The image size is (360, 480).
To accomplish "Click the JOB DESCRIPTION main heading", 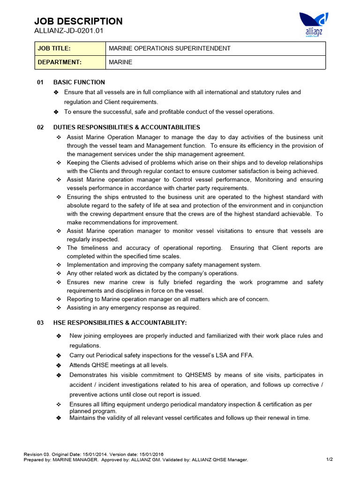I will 79,21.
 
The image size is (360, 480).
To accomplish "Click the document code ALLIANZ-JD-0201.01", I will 68,31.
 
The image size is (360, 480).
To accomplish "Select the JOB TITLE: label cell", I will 70,49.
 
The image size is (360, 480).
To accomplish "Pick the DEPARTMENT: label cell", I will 70,62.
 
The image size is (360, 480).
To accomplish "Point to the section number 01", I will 40,82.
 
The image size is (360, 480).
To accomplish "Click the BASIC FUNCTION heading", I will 79,82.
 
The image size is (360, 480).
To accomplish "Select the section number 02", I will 40,127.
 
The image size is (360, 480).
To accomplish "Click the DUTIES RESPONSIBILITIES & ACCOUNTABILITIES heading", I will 127,127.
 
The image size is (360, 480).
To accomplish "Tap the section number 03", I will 40,323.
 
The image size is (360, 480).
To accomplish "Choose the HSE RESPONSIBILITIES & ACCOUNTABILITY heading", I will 120,323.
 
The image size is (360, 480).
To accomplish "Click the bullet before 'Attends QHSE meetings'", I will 59,366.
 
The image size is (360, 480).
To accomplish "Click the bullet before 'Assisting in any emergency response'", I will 59,308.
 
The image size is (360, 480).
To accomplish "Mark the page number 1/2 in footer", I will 330,460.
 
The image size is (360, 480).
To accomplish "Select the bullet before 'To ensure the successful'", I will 56,112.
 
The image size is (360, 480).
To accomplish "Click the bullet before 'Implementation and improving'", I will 59,265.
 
